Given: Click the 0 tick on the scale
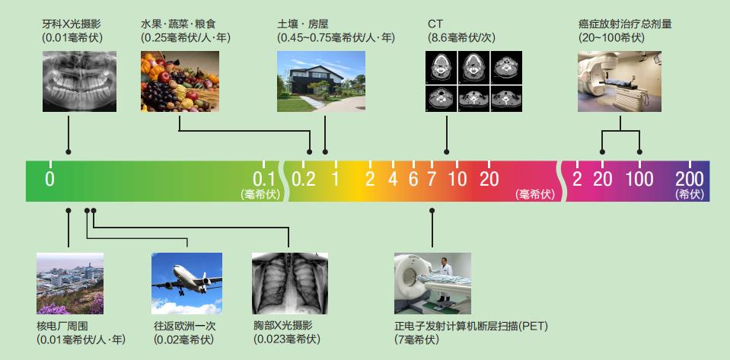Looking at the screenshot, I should click(49, 180).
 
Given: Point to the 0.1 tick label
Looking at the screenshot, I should click(264, 179).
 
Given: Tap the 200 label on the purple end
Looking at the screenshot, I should click(690, 179).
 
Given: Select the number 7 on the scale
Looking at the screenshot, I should click(432, 180).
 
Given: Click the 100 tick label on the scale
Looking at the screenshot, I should click(639, 180).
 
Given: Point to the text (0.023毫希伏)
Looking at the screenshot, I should click(287, 339).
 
